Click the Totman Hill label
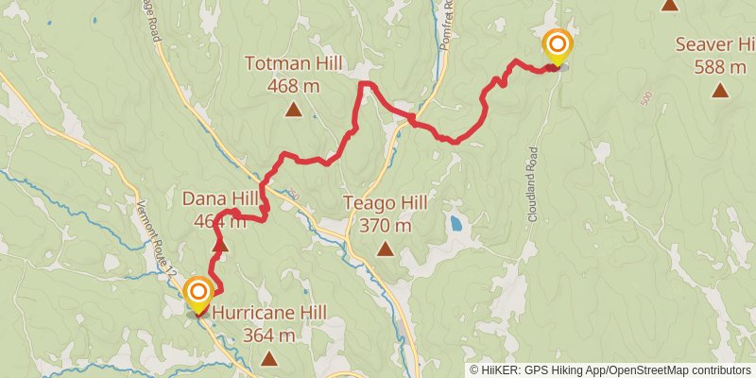(293, 65)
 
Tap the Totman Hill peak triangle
(294, 110)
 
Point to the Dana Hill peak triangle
(219, 246)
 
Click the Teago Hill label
(386, 203)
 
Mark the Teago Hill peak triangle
(386, 249)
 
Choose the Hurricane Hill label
(269, 313)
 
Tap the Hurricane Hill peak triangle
(270, 358)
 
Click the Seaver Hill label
(714, 44)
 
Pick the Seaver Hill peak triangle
(720, 91)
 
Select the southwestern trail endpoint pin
(198, 294)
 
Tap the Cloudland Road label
(532, 183)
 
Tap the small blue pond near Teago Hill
(457, 225)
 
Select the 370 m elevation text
(386, 225)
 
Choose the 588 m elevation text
(720, 66)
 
